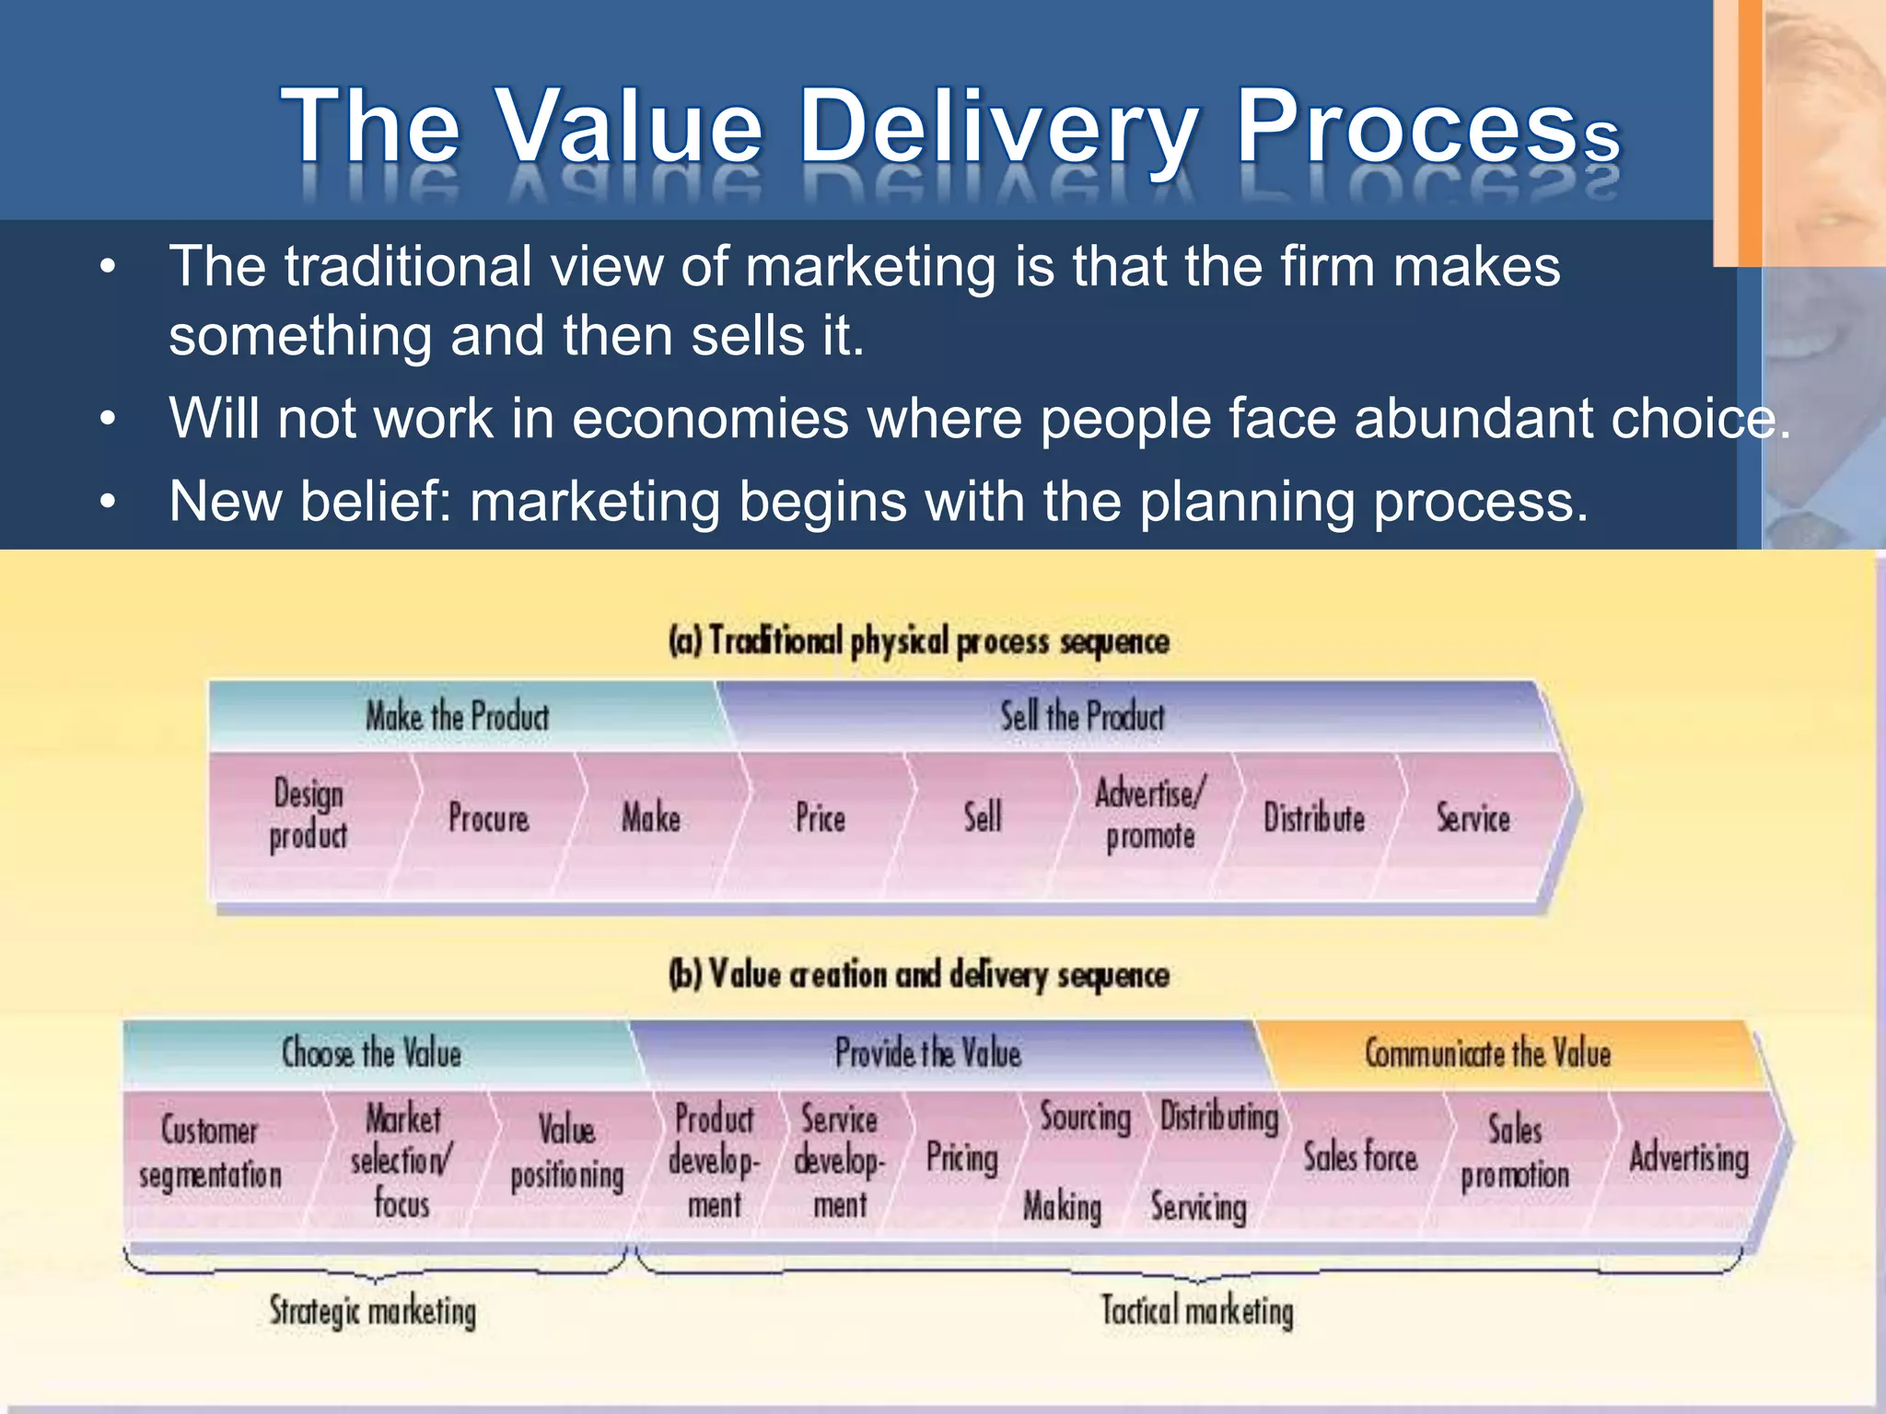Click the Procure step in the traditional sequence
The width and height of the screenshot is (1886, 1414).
click(488, 818)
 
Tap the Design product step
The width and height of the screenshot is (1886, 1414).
click(309, 814)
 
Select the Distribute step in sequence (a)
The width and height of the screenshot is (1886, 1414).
click(1313, 818)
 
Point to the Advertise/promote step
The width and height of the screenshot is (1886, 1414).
click(1149, 815)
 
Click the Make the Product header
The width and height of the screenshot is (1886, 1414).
click(457, 716)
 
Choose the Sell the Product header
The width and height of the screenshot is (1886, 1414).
click(1082, 716)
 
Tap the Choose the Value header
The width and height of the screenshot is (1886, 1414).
click(371, 1053)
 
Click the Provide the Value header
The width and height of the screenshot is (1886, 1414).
click(928, 1053)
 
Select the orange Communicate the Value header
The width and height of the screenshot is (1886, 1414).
click(1487, 1053)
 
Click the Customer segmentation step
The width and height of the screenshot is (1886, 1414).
click(210, 1153)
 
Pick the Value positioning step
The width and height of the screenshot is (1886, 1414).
click(566, 1153)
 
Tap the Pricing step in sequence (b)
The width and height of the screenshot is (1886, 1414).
click(961, 1158)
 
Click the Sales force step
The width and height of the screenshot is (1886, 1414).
click(1359, 1158)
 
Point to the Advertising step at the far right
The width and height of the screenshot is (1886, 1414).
click(1688, 1158)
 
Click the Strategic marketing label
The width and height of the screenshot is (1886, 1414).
click(372, 1311)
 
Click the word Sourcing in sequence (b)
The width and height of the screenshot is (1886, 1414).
click(1085, 1118)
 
